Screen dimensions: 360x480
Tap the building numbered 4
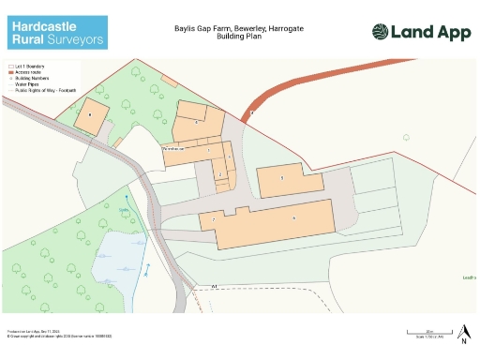[x=197, y=122]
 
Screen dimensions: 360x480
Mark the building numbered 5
[x=281, y=176]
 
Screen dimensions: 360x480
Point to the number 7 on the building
[x=214, y=219]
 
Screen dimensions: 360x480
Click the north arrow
[x=464, y=331]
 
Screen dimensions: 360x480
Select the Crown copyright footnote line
[x=46, y=336]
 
